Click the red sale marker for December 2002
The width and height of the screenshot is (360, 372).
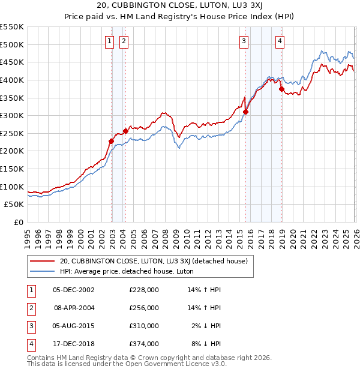pos(111,141)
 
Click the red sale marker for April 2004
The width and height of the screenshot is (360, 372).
pos(125,131)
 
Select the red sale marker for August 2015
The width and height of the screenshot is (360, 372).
pos(245,112)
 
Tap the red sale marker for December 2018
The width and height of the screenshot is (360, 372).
pos(281,89)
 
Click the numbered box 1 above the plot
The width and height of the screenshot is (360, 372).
pos(110,41)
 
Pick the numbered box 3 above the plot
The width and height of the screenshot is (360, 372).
pos(244,41)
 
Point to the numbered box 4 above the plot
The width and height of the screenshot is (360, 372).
pos(280,41)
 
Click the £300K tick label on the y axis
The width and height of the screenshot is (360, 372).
pos(12,115)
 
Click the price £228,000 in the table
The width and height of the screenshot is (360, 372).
pos(144,289)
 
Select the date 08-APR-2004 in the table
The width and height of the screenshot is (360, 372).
pos(74,307)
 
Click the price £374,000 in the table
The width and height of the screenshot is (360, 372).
pos(144,344)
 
